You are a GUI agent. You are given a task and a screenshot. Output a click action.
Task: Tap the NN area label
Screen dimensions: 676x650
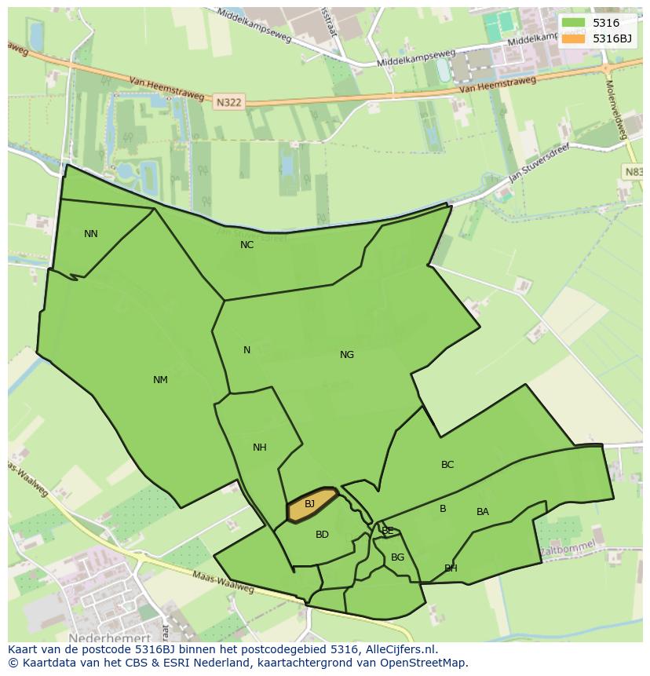[x=91, y=234]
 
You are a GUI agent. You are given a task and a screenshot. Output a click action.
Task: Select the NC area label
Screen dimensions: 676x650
[x=246, y=245]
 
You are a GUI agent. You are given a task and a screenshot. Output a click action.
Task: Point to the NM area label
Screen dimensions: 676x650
[x=160, y=380]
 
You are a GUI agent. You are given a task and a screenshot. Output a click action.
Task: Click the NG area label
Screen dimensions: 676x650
[x=347, y=355]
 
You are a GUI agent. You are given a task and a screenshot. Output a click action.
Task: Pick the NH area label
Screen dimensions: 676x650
[x=259, y=448]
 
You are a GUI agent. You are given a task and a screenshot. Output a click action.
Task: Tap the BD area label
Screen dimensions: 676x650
[x=322, y=535]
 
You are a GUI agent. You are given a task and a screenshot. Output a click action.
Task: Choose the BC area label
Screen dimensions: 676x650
[x=447, y=465]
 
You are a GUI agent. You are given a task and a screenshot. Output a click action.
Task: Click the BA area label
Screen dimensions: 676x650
[x=483, y=512]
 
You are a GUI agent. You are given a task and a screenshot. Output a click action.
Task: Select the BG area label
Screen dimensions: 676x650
[x=397, y=557]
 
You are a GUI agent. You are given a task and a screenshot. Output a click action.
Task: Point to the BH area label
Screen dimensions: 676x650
[x=451, y=568]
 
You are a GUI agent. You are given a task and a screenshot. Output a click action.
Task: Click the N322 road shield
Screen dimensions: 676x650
[x=228, y=101]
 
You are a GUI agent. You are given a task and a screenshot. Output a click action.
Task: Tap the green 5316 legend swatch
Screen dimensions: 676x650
[x=573, y=24]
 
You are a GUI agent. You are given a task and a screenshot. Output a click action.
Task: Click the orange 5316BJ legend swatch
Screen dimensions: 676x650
[x=573, y=38]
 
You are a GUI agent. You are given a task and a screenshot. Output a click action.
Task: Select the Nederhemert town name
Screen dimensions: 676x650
[x=109, y=638]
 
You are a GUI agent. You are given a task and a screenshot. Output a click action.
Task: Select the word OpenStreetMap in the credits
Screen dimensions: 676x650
[x=425, y=663]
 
